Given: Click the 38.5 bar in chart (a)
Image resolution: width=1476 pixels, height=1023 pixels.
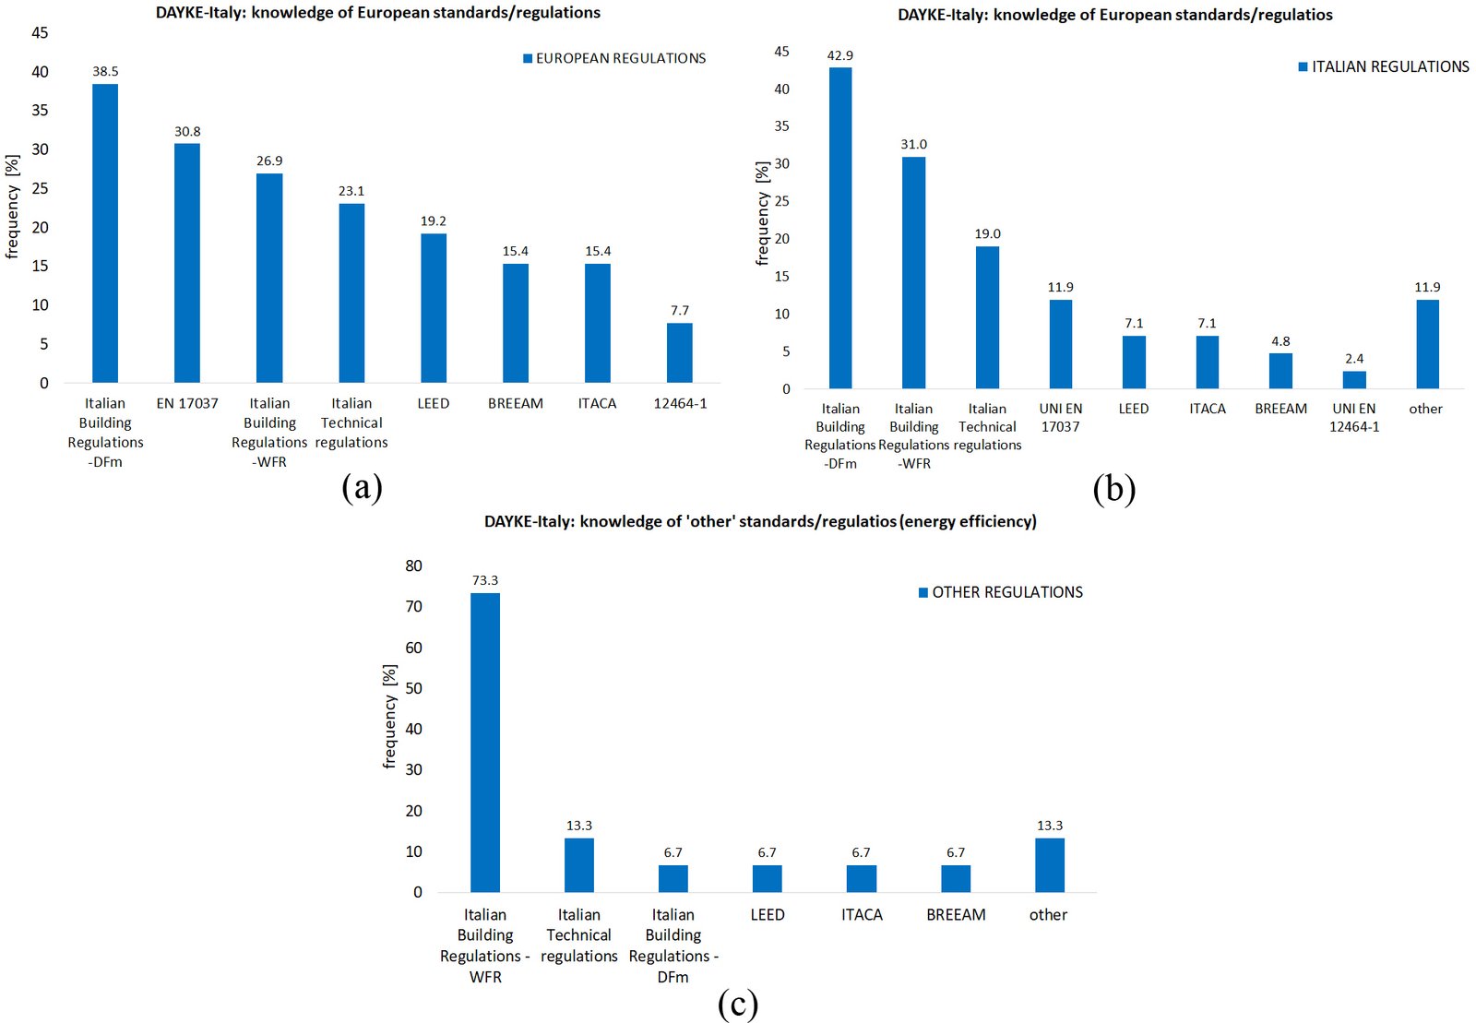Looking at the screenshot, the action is click(105, 233).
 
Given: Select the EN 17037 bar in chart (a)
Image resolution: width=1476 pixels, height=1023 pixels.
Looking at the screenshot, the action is click(187, 263).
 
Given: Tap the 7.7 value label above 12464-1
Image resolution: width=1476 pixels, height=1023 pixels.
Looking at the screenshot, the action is click(679, 310).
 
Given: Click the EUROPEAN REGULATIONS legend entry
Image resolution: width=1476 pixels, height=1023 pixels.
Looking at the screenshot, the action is click(614, 59).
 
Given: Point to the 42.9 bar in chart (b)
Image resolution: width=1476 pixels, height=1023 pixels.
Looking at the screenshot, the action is click(840, 228).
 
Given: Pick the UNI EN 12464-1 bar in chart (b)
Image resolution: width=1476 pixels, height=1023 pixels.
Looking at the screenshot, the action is click(1354, 380).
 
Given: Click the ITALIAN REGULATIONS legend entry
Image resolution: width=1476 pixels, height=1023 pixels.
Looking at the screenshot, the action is click(1384, 67).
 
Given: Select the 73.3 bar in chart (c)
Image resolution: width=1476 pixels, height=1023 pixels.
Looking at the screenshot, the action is click(485, 743).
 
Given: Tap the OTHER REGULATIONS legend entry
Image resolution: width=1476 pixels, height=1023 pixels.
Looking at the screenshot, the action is click(1001, 592).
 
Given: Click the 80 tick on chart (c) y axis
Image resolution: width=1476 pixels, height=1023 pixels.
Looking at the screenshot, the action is click(414, 565).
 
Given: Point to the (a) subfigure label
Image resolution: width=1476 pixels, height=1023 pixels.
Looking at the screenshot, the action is click(363, 488).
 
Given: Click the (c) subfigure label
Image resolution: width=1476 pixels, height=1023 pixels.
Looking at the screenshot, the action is click(738, 1005).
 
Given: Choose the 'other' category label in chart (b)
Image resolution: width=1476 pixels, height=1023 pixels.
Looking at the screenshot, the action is click(1426, 409).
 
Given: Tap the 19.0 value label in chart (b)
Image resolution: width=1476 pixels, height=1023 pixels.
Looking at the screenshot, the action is click(987, 234).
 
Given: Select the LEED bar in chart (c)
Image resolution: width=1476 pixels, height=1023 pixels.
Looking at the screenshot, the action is click(767, 879).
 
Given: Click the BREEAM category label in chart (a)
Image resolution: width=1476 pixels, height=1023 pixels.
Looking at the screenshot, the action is click(516, 403).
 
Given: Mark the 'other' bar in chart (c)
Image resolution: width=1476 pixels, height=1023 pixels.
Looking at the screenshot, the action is click(1050, 865).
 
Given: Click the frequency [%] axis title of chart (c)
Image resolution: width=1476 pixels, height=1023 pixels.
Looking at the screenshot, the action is click(390, 717).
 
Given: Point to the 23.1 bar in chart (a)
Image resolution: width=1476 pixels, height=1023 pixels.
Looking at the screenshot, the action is click(351, 293).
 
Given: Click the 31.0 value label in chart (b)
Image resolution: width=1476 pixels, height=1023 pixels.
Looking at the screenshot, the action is click(914, 144).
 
